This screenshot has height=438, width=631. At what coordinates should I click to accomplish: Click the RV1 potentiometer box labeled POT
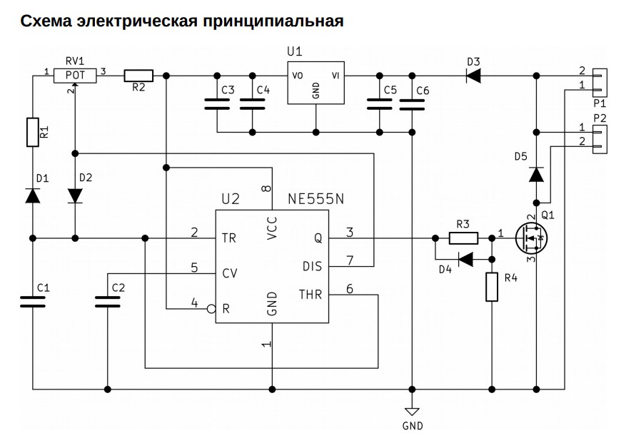coord(75,75)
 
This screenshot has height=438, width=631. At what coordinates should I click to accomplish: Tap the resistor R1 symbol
coord(33,132)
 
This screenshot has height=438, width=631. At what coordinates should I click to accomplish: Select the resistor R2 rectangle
coord(138,76)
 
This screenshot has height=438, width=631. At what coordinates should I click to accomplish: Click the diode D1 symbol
coord(33,195)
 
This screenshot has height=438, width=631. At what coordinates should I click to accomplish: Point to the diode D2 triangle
coord(75,196)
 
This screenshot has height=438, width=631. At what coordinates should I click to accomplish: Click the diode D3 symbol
coord(473,76)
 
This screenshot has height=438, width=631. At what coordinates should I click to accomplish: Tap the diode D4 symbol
coord(466,260)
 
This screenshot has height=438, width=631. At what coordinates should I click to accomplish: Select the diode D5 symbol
coord(536,175)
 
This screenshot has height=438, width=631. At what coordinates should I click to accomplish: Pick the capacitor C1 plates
coord(33,302)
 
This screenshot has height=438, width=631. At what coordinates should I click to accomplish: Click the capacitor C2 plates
coord(108,302)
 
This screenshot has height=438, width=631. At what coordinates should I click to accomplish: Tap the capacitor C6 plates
coord(412,105)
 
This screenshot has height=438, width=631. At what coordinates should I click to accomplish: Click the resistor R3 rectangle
coord(463,238)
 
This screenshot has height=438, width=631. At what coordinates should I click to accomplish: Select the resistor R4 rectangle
coord(492,287)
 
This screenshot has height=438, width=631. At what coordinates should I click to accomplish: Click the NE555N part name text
coord(316,199)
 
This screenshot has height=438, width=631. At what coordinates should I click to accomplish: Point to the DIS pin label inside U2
coord(312,266)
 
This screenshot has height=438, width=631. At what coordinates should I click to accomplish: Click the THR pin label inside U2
coord(311,295)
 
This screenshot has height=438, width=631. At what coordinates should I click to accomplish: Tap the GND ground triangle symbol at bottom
coord(412,412)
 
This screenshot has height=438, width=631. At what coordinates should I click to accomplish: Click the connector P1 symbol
coord(600,83)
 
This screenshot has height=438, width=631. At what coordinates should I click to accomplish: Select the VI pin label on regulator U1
coord(335,76)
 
